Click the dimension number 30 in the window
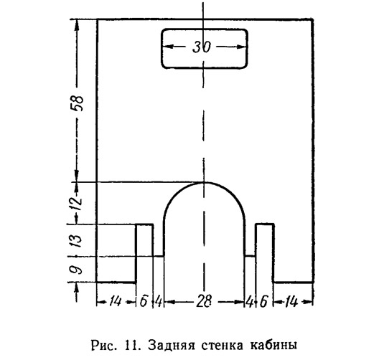[202, 47]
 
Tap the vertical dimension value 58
[78, 103]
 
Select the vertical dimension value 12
[78, 201]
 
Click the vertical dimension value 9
[76, 269]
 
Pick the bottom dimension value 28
[204, 301]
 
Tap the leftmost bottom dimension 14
[115, 301]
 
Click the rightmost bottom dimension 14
[291, 302]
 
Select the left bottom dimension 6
[144, 301]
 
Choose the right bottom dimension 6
[263, 302]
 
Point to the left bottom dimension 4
[159, 301]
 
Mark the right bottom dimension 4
[249, 302]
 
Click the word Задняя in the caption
[171, 345]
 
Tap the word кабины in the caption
[273, 345]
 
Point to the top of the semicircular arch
[204, 182]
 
